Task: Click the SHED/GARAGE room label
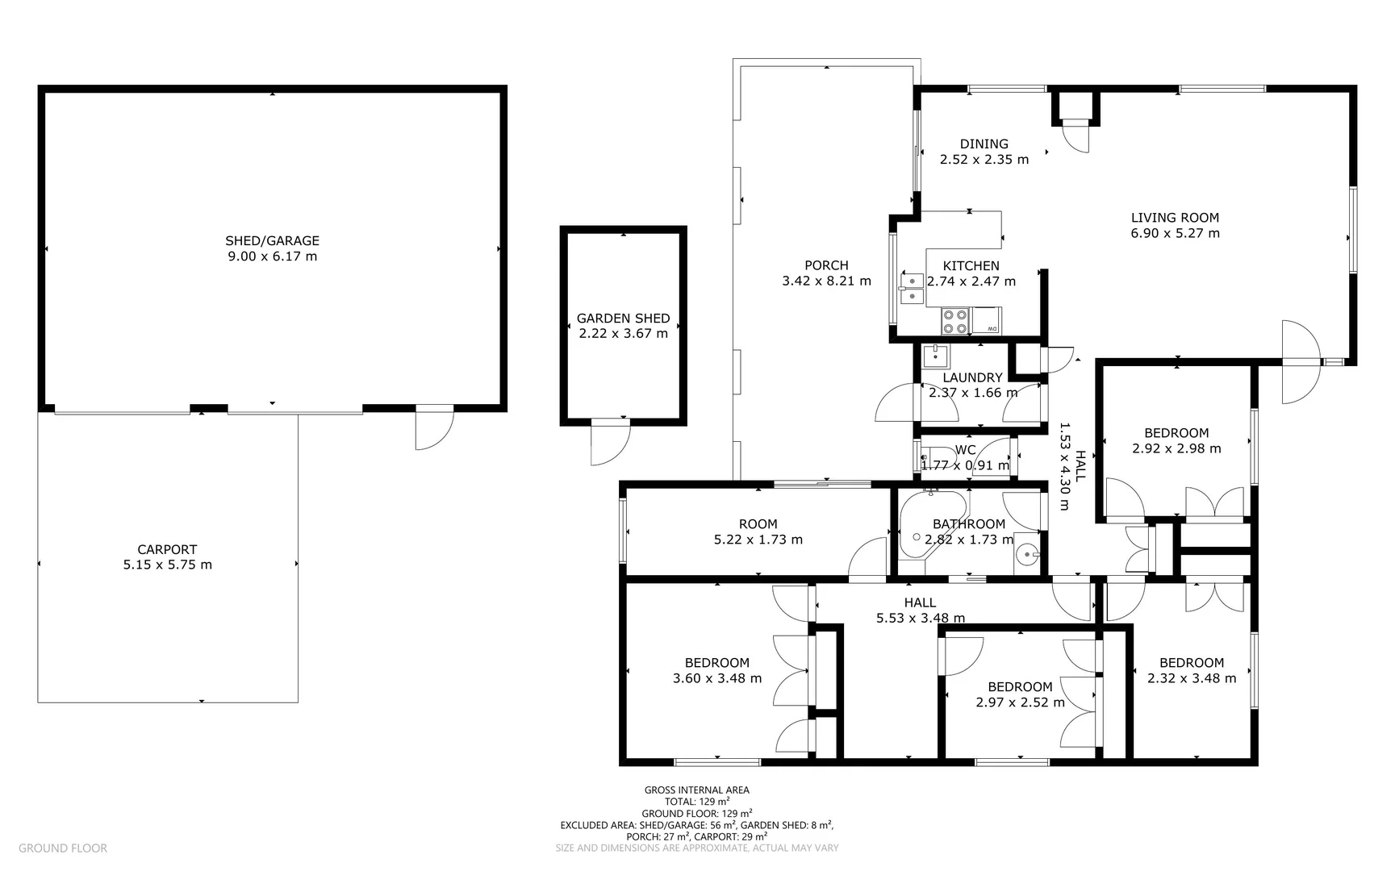point(272,240)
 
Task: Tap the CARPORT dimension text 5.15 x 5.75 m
point(168,565)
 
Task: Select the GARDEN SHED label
point(623,318)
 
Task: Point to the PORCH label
point(826,265)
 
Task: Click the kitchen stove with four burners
point(955,322)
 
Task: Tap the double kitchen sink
point(913,289)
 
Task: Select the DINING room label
point(984,144)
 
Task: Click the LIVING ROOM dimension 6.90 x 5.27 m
point(1175,233)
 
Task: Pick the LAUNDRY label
point(972,377)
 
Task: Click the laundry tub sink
point(937,356)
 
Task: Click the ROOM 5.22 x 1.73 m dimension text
point(758,540)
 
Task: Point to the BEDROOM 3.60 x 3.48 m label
point(716,663)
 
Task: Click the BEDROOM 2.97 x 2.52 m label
point(1020,687)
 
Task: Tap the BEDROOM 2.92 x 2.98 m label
point(1176,433)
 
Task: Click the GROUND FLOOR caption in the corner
point(63,848)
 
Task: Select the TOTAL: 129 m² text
point(696,802)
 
